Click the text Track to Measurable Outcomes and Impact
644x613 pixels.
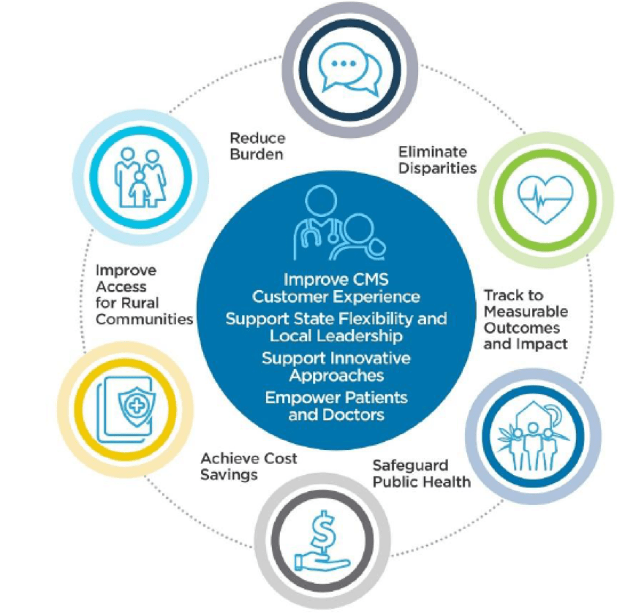[x=524, y=319]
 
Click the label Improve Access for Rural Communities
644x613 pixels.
[x=144, y=294]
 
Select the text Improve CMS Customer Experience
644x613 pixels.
[x=336, y=289]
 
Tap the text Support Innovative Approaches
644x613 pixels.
[x=336, y=367]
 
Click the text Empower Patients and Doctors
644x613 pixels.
[x=336, y=406]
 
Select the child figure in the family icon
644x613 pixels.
[x=138, y=191]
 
